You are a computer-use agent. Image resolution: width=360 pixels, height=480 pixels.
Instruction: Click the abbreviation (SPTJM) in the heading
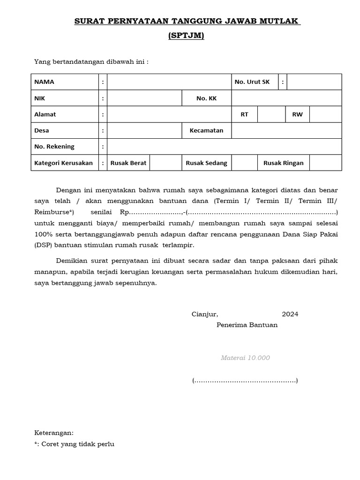pyautogui.click(x=186, y=36)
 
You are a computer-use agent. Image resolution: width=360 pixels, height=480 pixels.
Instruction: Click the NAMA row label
pyautogui.click(x=44, y=82)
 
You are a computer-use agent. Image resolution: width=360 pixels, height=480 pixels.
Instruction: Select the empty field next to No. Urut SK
pyautogui.click(x=314, y=82)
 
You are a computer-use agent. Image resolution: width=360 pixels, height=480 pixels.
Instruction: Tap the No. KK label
pyautogui.click(x=206, y=98)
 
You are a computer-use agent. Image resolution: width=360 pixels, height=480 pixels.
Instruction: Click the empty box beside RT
pyautogui.click(x=271, y=114)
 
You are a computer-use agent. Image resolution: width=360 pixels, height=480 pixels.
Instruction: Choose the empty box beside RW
pyautogui.click(x=325, y=114)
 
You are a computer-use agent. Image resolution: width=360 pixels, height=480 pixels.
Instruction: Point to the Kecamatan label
pyautogui.click(x=206, y=130)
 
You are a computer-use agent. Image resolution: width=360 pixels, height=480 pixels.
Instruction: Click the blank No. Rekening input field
pyautogui.click(x=224, y=147)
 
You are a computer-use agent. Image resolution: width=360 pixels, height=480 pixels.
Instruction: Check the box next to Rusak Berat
pyautogui.click(x=163, y=163)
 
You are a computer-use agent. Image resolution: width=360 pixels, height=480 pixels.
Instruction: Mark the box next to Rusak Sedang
pyautogui.click(x=244, y=163)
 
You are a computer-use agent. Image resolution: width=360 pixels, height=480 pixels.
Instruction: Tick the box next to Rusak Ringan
pyautogui.click(x=325, y=163)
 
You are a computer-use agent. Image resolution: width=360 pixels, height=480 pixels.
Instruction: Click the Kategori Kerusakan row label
pyautogui.click(x=63, y=163)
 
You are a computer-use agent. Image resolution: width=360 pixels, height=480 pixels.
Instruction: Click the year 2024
pyautogui.click(x=290, y=314)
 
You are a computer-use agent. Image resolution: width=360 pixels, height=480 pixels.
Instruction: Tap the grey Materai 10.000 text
pyautogui.click(x=245, y=358)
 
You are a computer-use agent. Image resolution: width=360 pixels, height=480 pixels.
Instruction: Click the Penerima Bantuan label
pyautogui.click(x=247, y=325)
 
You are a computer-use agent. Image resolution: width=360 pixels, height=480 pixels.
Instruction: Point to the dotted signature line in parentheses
pyautogui.click(x=245, y=381)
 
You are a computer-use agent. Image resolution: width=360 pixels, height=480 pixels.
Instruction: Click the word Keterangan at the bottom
pyautogui.click(x=54, y=433)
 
